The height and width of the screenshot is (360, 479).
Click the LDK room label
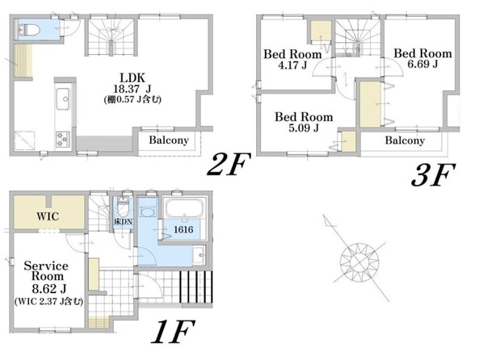(x=132, y=77)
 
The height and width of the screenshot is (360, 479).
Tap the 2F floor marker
(x=229, y=165)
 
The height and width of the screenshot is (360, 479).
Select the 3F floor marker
(x=433, y=174)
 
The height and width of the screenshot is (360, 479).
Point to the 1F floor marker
(x=173, y=332)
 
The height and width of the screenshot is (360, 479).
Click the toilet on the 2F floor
(x=29, y=30)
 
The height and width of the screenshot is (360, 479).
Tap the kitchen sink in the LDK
(x=64, y=98)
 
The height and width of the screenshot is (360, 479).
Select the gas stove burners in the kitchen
(x=63, y=139)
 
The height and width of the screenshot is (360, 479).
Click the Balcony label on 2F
(x=169, y=140)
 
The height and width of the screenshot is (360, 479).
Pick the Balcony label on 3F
(x=405, y=140)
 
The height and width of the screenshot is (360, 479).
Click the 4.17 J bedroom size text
(x=292, y=65)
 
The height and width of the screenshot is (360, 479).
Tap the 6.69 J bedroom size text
(x=422, y=64)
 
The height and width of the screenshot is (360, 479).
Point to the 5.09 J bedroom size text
(x=304, y=128)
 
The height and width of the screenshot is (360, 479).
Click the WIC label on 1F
(x=48, y=216)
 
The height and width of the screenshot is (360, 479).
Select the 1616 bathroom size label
(x=183, y=229)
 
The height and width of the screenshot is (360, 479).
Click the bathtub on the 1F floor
(x=184, y=207)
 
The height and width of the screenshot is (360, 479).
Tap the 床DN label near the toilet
(x=124, y=222)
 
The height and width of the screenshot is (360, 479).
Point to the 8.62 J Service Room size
(x=49, y=288)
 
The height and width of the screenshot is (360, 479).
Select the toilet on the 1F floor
(x=124, y=205)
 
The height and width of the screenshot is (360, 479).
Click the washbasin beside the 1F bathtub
(x=200, y=254)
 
